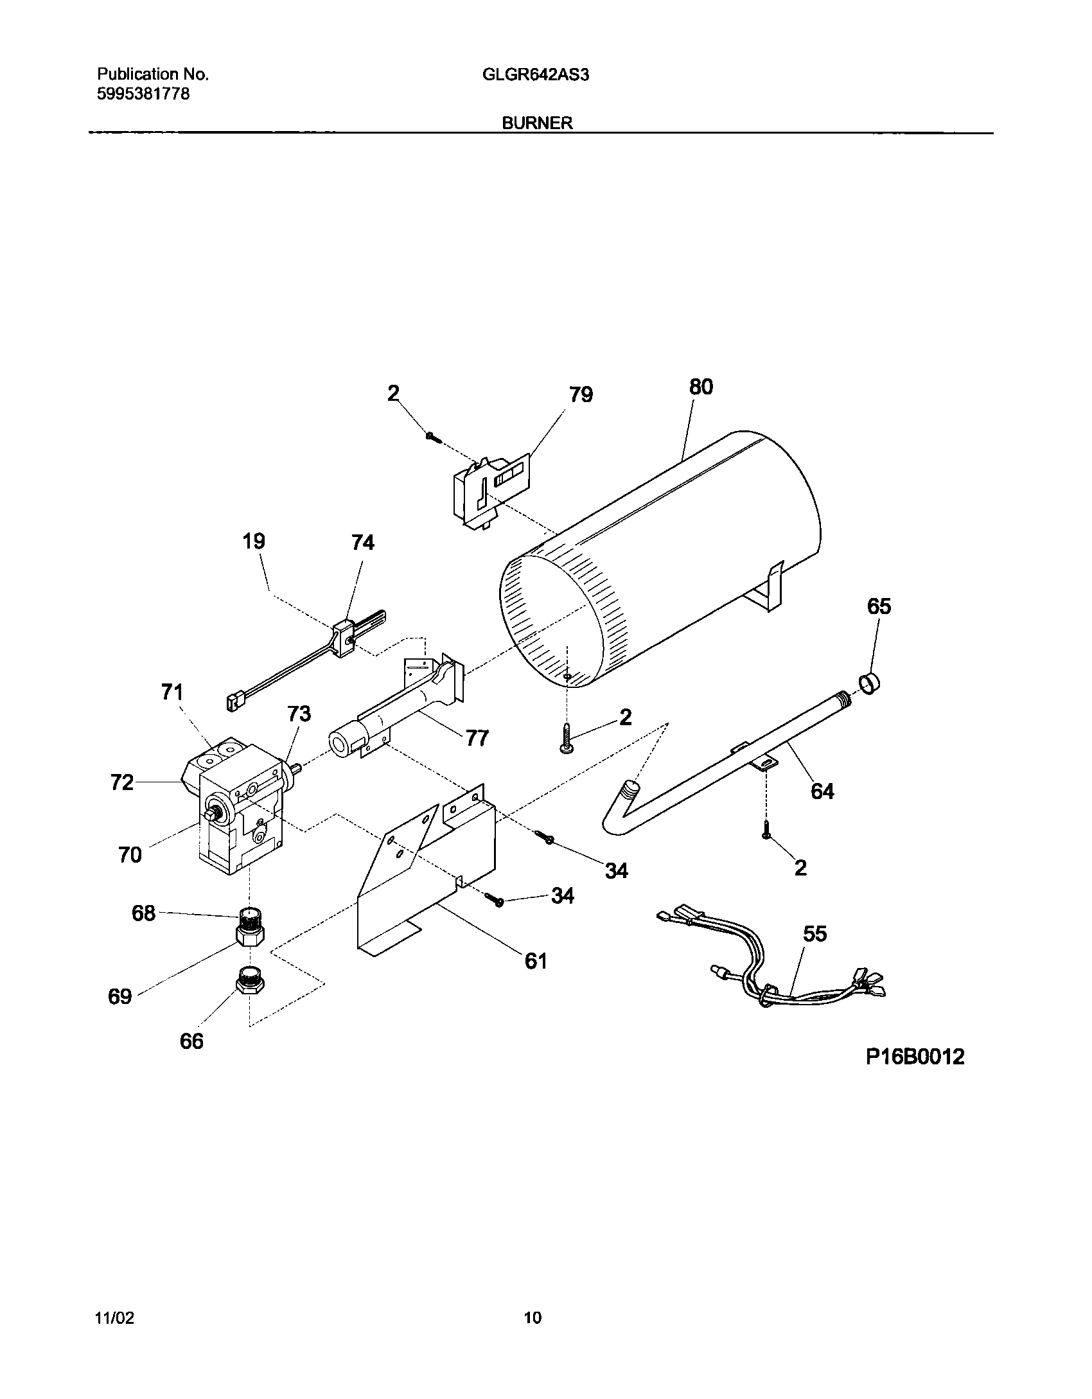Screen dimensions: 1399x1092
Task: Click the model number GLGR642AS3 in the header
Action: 536,75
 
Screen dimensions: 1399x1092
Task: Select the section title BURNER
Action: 537,123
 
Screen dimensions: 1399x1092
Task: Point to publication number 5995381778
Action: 143,94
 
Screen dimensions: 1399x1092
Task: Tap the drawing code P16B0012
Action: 915,1056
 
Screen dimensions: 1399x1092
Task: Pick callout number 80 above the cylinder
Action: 701,387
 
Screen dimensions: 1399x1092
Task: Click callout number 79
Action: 581,394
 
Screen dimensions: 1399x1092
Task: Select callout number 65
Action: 879,606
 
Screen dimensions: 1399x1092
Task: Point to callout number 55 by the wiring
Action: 815,933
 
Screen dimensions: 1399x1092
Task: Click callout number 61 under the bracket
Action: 536,960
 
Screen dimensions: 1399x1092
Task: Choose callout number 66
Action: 191,1041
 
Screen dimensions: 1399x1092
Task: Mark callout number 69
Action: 120,996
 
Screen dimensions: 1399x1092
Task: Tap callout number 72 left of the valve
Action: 122,782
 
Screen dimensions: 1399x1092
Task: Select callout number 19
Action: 254,541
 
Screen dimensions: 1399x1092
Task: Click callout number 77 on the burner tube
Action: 477,738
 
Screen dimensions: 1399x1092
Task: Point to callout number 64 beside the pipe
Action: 822,791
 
